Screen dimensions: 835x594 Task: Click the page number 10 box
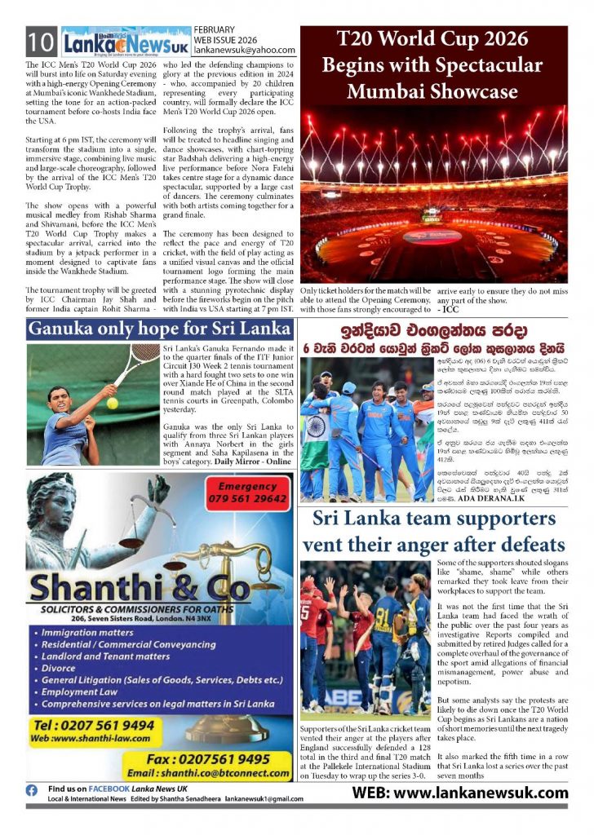point(40,42)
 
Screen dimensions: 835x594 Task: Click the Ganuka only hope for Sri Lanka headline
point(160,329)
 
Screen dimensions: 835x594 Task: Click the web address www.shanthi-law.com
point(87,740)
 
